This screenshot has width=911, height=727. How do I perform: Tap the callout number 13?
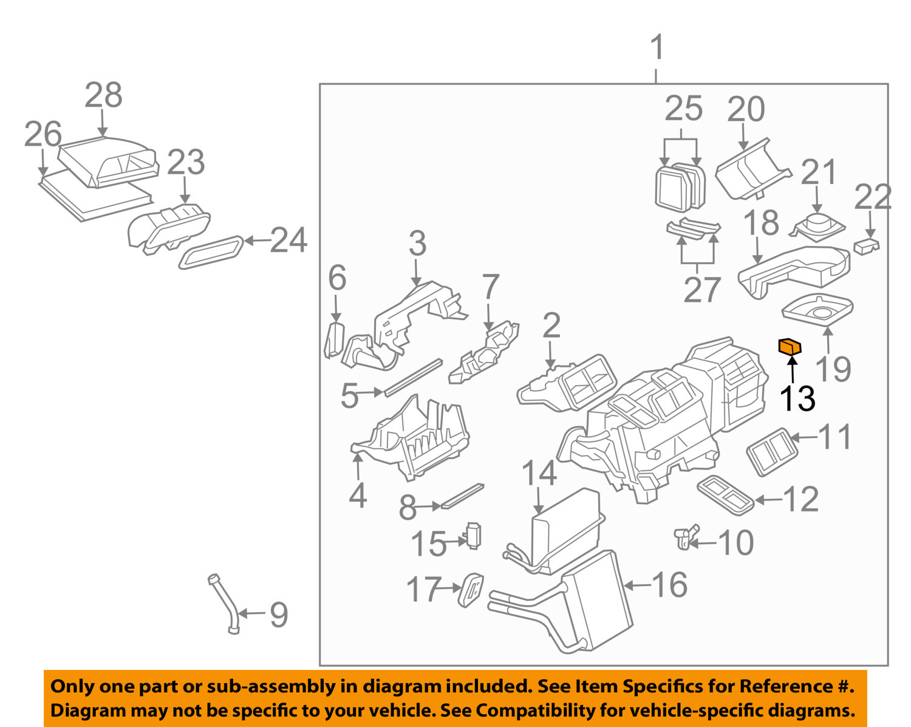797,398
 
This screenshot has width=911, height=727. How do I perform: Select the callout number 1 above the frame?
657,48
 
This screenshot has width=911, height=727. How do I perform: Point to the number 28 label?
103,95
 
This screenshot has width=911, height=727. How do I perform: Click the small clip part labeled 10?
686,537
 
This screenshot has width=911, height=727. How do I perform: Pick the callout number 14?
539,473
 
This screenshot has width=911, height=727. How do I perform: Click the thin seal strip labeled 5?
412,377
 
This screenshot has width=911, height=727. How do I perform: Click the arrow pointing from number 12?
769,500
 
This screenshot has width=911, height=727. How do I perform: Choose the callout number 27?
702,290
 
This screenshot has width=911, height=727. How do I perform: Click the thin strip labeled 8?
463,496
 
